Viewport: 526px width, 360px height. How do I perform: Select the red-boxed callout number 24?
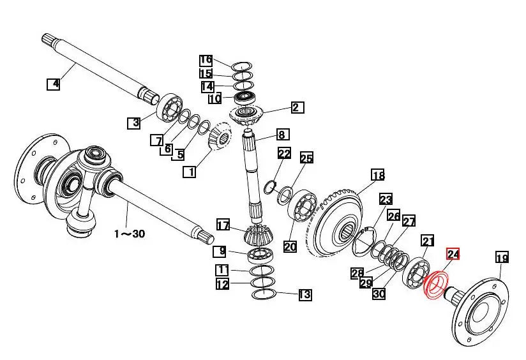point(453,255)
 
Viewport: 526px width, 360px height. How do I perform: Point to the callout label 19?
point(502,257)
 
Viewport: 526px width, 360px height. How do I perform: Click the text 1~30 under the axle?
point(130,234)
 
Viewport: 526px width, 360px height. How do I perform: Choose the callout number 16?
point(206,61)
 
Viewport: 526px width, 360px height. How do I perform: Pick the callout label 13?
point(304,294)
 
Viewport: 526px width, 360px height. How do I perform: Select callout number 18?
point(378,175)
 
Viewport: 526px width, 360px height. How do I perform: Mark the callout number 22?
point(284,153)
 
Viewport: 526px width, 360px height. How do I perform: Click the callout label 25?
point(306,158)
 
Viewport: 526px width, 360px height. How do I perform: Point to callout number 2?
point(296,107)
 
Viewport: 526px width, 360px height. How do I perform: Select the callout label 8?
point(282,135)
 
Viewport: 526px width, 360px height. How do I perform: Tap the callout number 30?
point(379,294)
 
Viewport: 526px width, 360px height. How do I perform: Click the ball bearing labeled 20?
point(303,206)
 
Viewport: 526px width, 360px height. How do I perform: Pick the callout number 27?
point(409,221)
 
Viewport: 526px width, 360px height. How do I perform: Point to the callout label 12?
point(222,285)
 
